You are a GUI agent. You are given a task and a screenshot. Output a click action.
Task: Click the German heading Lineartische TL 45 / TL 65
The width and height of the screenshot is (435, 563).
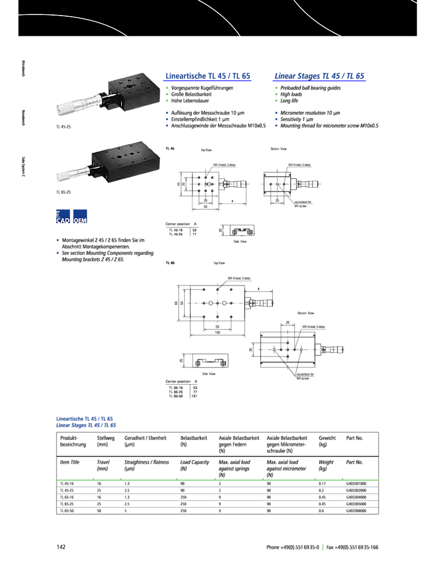pyautogui.click(x=208, y=76)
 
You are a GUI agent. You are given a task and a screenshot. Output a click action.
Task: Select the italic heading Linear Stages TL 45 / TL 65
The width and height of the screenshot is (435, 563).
pyautogui.click(x=319, y=76)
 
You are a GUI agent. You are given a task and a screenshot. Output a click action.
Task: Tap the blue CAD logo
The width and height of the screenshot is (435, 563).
pyautogui.click(x=63, y=216)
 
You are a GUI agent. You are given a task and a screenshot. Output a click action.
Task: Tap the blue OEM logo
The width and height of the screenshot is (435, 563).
pyautogui.click(x=80, y=216)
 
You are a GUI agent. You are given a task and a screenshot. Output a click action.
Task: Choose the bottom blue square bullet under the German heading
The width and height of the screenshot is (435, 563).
pyautogui.click(x=167, y=125)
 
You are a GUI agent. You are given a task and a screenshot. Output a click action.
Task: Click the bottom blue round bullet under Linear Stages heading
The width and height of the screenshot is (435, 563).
pyautogui.click(x=276, y=125)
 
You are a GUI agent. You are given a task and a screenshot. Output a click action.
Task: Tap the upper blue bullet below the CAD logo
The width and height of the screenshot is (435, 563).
pyautogui.click(x=58, y=239)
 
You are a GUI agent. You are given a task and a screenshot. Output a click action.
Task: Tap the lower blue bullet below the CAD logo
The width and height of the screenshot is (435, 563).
pyautogui.click(x=58, y=253)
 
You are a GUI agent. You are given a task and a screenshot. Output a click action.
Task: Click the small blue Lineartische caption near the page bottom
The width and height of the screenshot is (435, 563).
pyautogui.click(x=84, y=418)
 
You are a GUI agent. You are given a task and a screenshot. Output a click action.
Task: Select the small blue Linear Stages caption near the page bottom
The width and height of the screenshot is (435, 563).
pyautogui.click(x=86, y=425)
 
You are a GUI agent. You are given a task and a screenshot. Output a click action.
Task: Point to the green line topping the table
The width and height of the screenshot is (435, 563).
pyautogui.click(x=217, y=479)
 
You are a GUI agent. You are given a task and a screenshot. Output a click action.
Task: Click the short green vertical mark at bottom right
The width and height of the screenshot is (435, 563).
pyautogui.click(x=323, y=547)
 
